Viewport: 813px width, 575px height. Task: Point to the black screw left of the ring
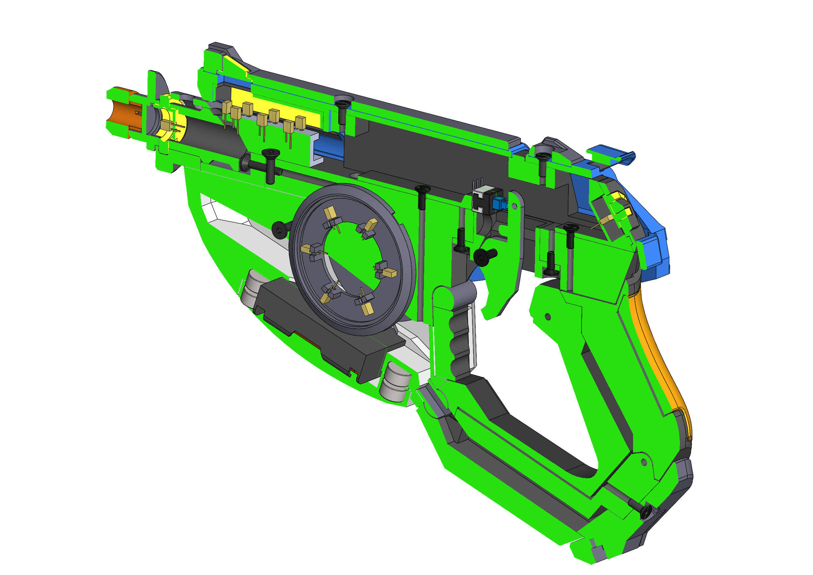tap(280, 231)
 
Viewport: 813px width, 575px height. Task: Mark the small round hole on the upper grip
tap(548, 317)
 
